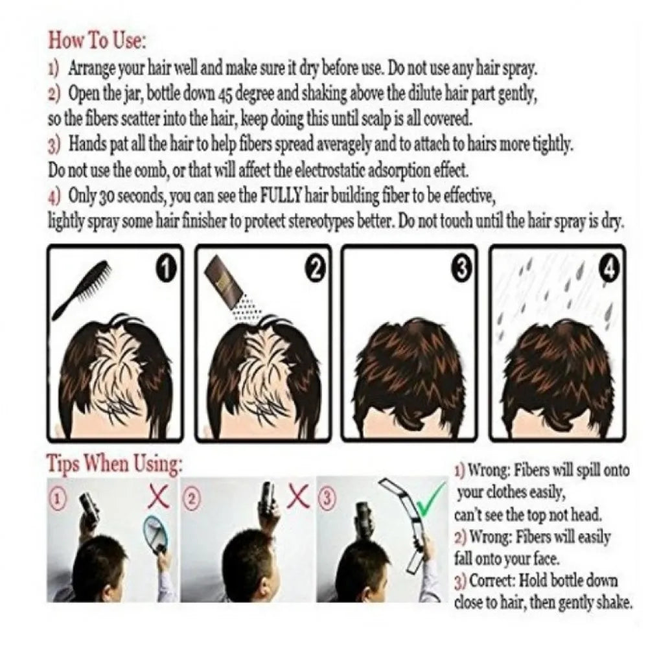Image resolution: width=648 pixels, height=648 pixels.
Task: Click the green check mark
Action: [428, 500]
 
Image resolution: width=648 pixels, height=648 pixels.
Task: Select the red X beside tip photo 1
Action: [159, 497]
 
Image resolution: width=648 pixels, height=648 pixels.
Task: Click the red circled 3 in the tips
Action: [329, 498]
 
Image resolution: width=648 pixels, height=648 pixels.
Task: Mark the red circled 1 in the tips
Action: [59, 498]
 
